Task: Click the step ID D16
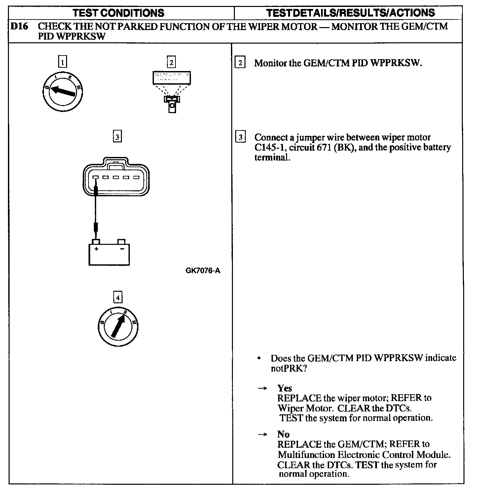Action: tap(18, 26)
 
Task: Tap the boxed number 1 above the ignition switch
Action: tap(62, 62)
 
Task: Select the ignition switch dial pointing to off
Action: tap(63, 90)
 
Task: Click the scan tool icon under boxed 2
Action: tap(171, 91)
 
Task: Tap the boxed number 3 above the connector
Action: tap(117, 136)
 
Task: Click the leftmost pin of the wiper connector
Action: tap(95, 177)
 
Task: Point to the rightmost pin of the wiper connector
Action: tap(136, 177)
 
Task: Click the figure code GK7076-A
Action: tap(203, 271)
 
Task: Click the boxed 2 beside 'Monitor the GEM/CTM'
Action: tap(240, 62)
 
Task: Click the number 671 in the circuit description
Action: tap(324, 147)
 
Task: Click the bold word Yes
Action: tap(284, 388)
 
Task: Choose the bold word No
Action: tap(283, 434)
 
